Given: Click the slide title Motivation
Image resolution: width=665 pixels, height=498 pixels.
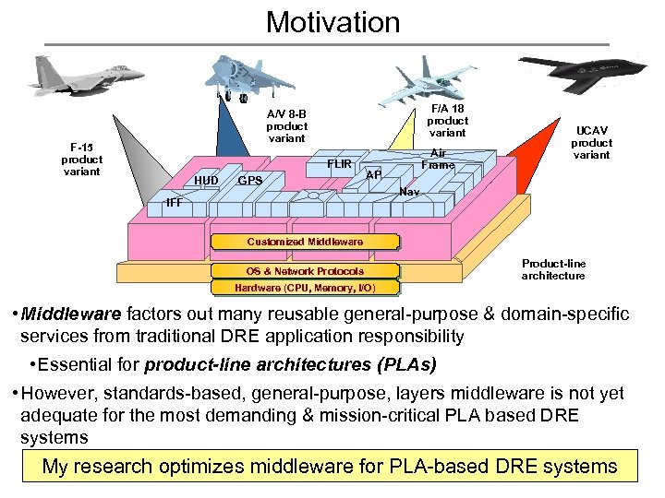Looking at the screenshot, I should click(x=332, y=21).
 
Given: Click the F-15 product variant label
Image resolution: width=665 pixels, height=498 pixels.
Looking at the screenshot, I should click(x=81, y=159).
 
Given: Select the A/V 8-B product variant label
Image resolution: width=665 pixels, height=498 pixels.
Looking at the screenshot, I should click(x=286, y=126).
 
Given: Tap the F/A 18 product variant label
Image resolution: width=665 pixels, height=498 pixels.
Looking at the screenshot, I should click(x=448, y=121).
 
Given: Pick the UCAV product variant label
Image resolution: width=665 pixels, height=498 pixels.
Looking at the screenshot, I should click(x=591, y=143).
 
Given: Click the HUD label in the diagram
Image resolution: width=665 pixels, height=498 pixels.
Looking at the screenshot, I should click(x=206, y=181).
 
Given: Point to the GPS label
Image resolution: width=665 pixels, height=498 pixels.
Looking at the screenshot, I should click(x=250, y=181).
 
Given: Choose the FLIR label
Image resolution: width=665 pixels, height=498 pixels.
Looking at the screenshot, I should click(x=340, y=165).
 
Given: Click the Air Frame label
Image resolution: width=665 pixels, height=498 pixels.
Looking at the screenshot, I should click(x=438, y=160).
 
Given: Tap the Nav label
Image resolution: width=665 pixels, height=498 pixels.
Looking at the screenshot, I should click(x=410, y=192).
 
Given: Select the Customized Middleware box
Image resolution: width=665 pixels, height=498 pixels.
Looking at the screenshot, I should click(x=305, y=242).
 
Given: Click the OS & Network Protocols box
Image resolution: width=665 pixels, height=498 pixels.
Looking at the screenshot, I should click(x=305, y=271).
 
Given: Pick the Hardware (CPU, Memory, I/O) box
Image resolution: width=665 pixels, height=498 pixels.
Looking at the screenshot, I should click(x=305, y=288).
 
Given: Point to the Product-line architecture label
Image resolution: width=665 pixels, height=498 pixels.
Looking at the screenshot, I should click(x=553, y=269).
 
